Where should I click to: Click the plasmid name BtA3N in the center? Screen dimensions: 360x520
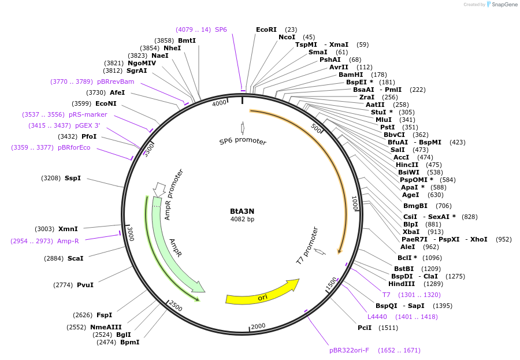click(242, 211)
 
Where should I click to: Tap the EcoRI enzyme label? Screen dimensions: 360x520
click(266, 29)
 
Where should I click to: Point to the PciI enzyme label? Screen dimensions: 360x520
click(365, 328)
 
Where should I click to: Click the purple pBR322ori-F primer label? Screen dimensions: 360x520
click(349, 350)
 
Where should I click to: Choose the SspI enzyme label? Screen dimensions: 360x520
click(73, 178)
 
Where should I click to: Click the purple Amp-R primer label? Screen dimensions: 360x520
click(68, 240)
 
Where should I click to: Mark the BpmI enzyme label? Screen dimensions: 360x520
click(129, 342)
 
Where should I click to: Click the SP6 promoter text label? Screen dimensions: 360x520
click(243, 142)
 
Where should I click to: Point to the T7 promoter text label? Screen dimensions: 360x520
click(307, 246)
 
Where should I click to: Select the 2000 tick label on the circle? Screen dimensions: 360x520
click(258, 326)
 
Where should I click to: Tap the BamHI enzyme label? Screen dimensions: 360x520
click(351, 75)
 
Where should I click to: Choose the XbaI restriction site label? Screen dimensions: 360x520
click(411, 232)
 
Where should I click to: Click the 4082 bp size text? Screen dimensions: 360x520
click(242, 219)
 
